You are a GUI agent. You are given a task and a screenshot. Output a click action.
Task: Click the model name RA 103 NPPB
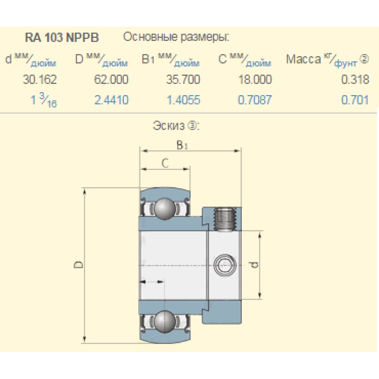coord(62,38)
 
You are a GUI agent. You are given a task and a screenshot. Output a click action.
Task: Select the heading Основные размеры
coord(177,37)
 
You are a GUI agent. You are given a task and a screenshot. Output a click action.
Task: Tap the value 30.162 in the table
coord(40,80)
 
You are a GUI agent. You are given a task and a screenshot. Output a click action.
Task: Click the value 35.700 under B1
coord(183,80)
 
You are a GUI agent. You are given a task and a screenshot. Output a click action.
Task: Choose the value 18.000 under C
coord(255,80)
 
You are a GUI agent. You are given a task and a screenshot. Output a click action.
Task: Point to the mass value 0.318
coord(355,80)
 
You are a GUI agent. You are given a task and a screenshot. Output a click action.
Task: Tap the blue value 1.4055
coord(183,100)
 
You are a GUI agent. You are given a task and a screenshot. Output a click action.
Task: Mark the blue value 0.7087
coord(255,100)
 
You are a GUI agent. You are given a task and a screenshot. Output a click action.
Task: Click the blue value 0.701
coord(355,100)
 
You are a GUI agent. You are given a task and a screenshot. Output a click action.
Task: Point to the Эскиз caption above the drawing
coord(176,126)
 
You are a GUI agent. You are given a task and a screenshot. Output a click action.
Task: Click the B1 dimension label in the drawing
coord(182,145)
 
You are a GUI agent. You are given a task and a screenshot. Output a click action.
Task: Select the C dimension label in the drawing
coord(165,163)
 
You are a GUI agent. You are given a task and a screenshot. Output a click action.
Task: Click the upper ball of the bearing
coord(164,208)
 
